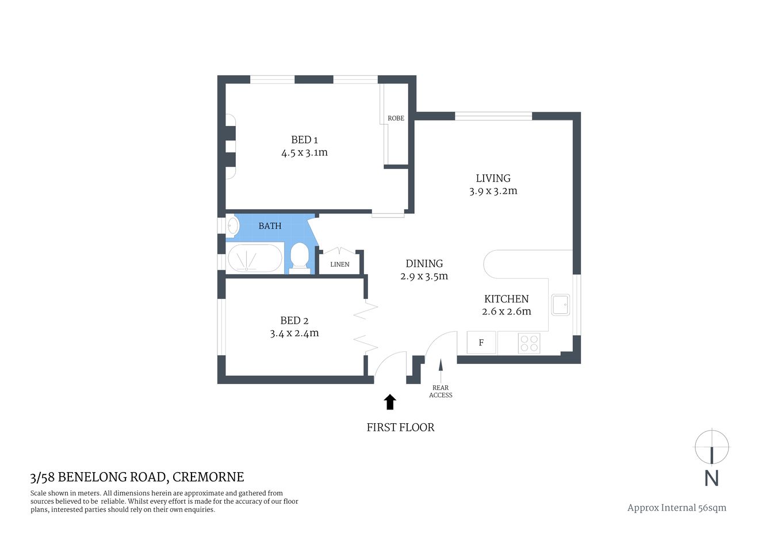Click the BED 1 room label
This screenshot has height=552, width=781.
tap(304, 140)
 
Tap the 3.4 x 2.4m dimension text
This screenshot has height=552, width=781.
tap(294, 333)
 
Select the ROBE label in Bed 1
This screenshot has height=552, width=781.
tap(396, 118)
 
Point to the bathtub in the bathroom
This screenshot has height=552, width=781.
tap(255, 258)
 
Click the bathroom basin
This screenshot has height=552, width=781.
tap(233, 225)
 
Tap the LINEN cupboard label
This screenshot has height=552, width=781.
tap(339, 264)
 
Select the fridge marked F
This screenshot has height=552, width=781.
tap(481, 343)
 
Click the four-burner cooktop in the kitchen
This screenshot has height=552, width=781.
tap(529, 343)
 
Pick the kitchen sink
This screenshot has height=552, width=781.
tap(560, 305)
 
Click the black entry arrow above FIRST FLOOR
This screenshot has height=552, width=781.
tap(390, 402)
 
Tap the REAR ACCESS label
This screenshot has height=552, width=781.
tap(441, 392)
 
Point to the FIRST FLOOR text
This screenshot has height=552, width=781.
tap(400, 427)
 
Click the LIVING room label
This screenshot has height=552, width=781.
tap(493, 178)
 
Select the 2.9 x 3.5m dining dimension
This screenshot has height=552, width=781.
tap(424, 277)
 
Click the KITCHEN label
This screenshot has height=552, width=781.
tap(506, 299)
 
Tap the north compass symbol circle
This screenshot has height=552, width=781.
tap(711, 447)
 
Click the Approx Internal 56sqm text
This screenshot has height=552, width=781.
tap(676, 508)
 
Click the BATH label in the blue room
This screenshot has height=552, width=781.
tap(270, 226)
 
